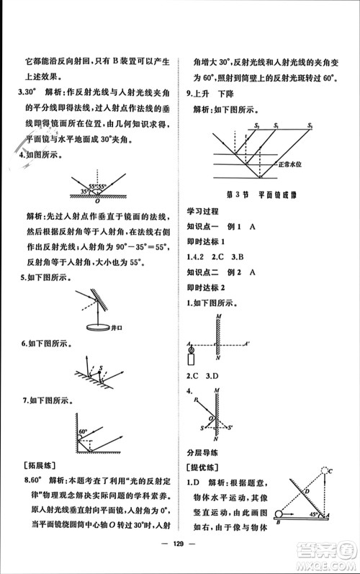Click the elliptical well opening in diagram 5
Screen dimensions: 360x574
(x=93, y=327)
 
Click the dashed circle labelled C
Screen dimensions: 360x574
(x=330, y=470)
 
